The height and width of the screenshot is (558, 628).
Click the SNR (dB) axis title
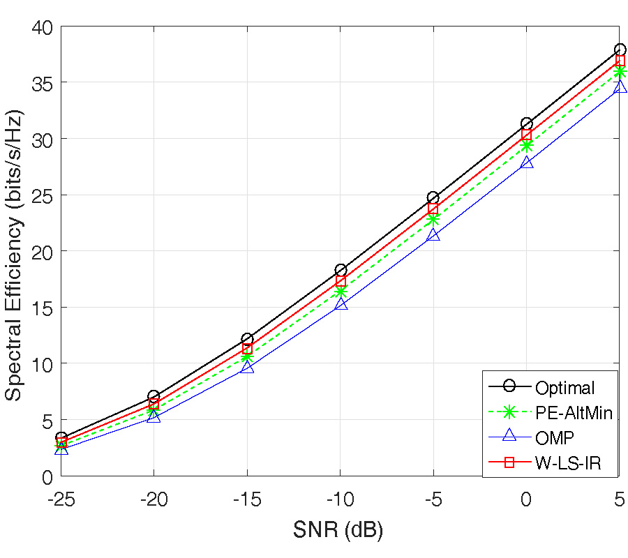tap(338, 531)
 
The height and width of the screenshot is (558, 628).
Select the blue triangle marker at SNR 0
tap(526, 163)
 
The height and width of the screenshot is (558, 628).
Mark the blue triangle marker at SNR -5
tap(433, 235)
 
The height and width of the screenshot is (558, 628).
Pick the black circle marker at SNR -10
tap(341, 270)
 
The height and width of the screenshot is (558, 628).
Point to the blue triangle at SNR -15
tap(247, 367)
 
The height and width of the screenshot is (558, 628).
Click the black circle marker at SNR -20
tap(154, 397)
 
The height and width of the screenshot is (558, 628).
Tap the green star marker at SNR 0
tap(526, 146)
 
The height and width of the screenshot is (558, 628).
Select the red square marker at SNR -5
tap(433, 209)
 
